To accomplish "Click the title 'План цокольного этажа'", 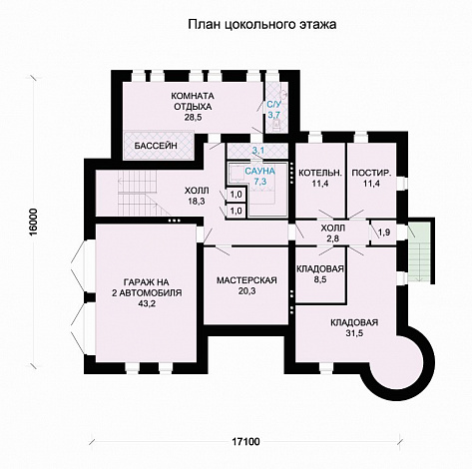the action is point(262,25).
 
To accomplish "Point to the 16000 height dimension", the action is point(34,223).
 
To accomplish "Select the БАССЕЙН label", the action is point(156,146).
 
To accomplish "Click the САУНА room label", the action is point(259,172).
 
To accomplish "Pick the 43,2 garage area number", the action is point(147,303).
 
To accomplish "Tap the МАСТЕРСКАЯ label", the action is point(246,280).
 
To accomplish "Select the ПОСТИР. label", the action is point(371,173).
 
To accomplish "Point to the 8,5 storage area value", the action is point(319,279).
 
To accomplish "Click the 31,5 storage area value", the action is point(354,333).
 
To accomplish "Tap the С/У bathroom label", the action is point(274,105).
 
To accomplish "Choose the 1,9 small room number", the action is point(384,233).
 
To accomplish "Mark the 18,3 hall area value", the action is point(197,201).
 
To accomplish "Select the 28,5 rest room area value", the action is point(193,118).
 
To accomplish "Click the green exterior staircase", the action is point(419,252).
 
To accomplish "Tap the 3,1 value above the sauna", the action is point(258,151).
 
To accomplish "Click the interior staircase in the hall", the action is point(140,193).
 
